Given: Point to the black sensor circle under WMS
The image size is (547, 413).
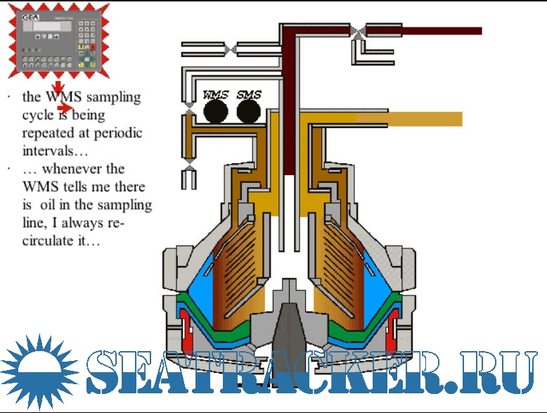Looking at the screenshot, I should click(216, 110).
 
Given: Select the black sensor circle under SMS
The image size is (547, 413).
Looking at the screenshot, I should click(248, 110).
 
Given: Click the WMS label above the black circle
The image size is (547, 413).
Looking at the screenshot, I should click(215, 94).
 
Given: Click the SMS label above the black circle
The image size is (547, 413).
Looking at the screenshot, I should click(249, 94).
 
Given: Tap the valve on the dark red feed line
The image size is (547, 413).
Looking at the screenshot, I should click(359, 31).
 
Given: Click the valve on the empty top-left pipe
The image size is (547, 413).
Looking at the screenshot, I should click(231, 49).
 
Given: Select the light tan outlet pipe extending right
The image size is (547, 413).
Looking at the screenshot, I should click(422, 118).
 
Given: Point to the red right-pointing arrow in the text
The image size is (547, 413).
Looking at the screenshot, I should click(65, 108).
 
